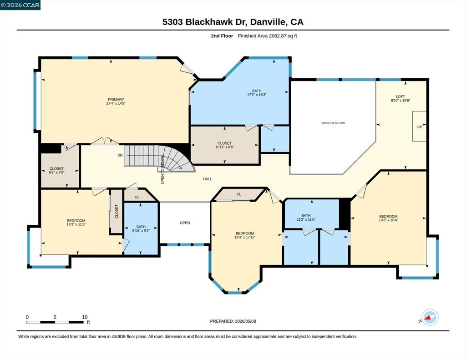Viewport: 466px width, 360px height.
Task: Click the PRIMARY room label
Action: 116,100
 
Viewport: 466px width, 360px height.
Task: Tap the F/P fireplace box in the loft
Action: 419,127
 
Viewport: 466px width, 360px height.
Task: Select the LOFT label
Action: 400,96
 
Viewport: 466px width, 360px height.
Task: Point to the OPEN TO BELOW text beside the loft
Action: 333,123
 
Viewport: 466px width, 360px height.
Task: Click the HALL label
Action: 208,179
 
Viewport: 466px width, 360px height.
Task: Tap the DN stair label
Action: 120,155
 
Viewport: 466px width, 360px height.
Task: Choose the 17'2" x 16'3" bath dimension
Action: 257,95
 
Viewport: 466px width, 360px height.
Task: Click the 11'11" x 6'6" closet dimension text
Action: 224,147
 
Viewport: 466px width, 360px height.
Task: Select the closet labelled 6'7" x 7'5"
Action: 56,170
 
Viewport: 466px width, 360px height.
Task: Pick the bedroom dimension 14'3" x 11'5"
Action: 76,224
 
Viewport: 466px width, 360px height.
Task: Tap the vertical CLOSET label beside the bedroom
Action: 116,211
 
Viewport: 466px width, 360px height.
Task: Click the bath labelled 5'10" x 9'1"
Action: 141,228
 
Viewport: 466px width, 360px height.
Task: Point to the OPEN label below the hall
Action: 185,223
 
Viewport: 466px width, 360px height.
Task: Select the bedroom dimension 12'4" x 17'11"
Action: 245,237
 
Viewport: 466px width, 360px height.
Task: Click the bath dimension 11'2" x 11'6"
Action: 306,219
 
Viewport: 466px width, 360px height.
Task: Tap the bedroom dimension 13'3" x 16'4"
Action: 388,220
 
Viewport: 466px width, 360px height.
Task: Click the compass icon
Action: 430,318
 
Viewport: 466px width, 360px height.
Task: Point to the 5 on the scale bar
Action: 55,317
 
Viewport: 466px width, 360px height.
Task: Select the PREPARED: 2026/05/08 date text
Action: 233,321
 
